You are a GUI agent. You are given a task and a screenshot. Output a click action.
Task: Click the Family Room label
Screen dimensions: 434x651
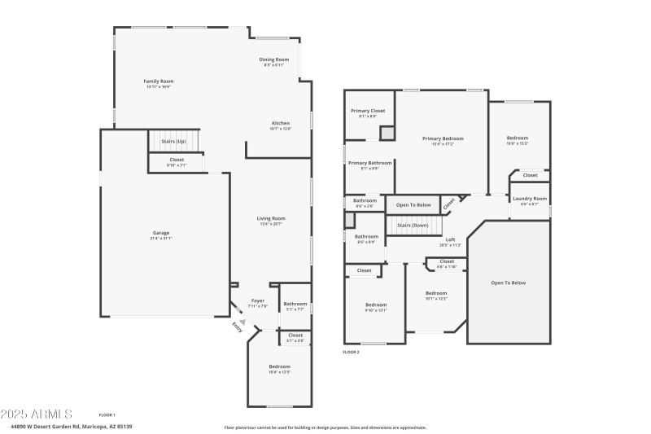pos(159,81)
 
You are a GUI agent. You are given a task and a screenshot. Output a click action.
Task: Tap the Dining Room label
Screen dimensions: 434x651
pos(274,59)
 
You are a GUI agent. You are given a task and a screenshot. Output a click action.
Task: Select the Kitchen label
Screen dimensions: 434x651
pos(281,124)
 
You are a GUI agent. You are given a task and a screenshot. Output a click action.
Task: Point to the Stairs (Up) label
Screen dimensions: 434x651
pos(174,141)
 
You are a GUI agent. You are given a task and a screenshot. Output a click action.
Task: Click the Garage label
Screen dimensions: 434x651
pos(160,234)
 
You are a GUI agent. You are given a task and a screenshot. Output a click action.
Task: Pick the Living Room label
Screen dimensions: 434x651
pos(271,218)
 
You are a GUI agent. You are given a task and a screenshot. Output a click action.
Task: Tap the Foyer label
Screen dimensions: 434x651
pos(257,300)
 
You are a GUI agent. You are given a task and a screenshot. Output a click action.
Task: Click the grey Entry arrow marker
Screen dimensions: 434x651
pos(242,322)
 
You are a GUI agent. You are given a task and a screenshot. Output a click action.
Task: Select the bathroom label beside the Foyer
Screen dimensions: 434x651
pos(295,305)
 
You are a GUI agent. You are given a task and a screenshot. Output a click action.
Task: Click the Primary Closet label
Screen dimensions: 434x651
pos(368,111)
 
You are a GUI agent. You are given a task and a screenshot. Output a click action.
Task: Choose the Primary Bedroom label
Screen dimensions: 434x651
pos(443,139)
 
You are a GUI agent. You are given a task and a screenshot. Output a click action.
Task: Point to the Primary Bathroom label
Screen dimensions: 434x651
pos(369,163)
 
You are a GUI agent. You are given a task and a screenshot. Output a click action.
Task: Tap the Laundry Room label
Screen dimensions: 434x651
pos(530,199)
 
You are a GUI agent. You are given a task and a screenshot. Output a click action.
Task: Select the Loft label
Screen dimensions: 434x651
pos(450,239)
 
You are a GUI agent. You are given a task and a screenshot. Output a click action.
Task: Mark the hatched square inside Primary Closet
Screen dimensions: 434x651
pos(388,134)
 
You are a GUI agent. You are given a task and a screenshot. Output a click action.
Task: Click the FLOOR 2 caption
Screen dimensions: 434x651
pos(351,352)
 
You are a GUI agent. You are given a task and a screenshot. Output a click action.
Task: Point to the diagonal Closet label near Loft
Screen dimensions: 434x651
pos(449,204)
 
